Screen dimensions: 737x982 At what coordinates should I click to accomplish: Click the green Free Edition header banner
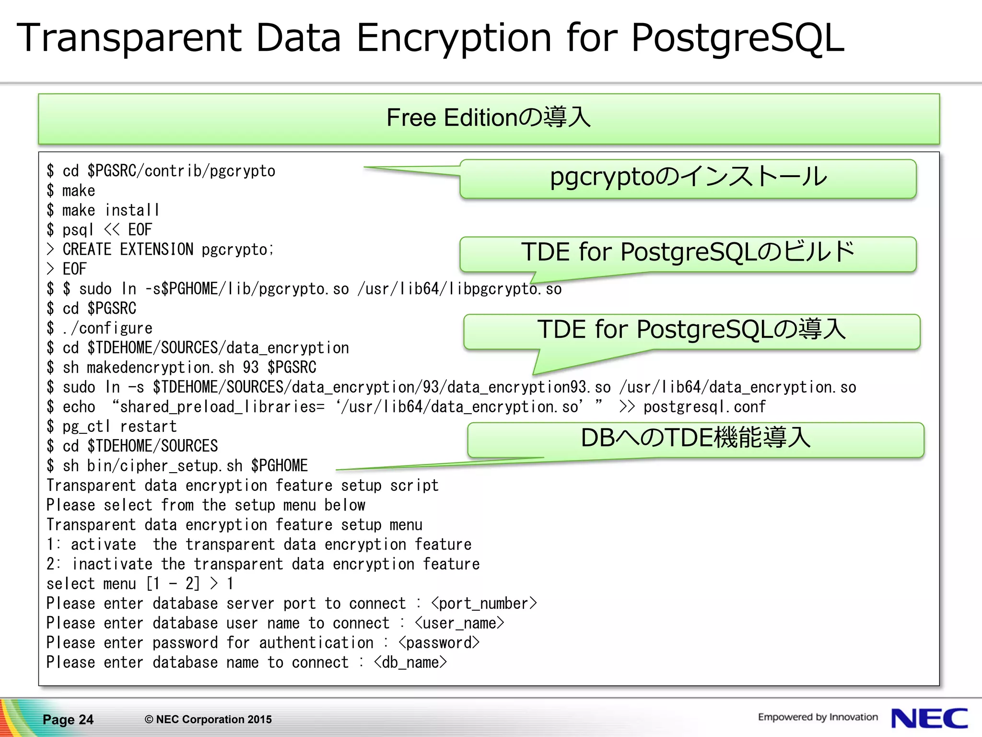tap(489, 119)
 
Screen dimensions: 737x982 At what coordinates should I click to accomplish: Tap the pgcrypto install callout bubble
tap(688, 178)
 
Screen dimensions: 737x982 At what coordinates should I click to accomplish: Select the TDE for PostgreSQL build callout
tap(688, 253)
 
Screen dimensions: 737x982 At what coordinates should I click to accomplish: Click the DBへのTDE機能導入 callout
tap(695, 439)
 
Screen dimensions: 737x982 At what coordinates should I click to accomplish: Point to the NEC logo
tap(929, 718)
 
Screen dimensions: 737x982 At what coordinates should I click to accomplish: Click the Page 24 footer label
tap(68, 719)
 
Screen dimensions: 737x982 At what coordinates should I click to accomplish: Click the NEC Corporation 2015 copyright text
tap(208, 719)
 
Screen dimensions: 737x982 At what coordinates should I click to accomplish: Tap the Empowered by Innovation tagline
tap(818, 717)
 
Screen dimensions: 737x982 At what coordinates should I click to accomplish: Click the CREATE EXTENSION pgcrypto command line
tap(168, 250)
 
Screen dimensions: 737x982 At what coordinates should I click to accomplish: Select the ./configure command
tap(107, 328)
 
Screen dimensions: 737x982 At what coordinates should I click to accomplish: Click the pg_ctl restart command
tap(120, 427)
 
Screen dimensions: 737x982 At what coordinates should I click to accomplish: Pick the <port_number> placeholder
tap(484, 604)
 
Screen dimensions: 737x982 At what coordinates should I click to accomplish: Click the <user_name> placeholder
tap(459, 623)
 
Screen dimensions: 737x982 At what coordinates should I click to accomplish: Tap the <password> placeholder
tap(439, 643)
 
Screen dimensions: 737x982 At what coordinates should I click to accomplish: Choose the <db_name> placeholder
tap(410, 663)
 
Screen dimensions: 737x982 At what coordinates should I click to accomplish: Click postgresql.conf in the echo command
tap(704, 407)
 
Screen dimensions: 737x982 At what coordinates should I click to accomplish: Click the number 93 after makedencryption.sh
tap(250, 368)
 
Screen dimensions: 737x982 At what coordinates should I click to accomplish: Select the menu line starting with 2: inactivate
tap(263, 564)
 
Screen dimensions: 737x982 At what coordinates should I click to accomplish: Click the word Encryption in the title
tap(454, 38)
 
